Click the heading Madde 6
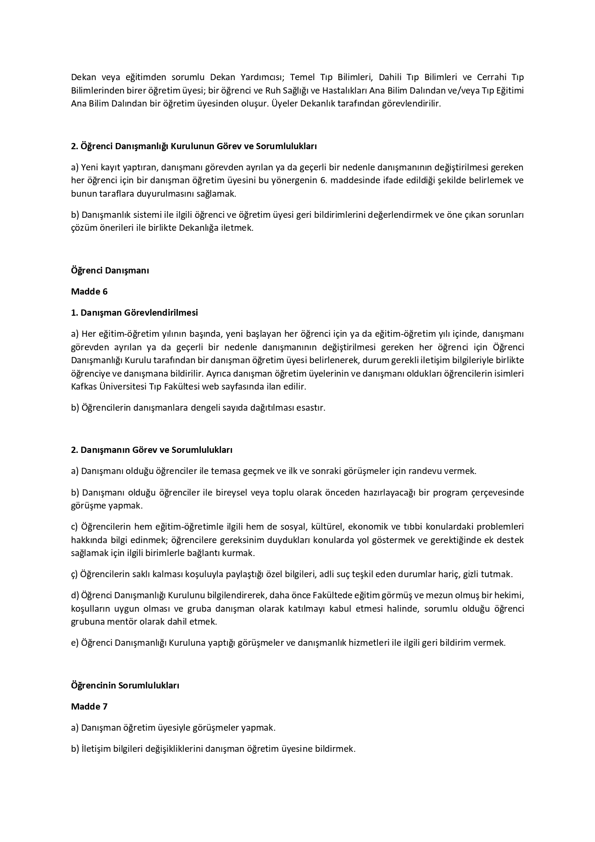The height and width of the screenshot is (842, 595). (x=89, y=292)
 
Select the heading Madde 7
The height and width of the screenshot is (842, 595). (x=89, y=706)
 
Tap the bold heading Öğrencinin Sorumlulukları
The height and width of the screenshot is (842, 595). (x=125, y=685)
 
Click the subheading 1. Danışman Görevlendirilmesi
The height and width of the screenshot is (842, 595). (x=134, y=313)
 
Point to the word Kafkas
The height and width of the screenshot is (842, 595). (x=84, y=386)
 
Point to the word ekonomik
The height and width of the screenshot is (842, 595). (x=377, y=526)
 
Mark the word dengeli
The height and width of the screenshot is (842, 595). (x=206, y=407)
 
